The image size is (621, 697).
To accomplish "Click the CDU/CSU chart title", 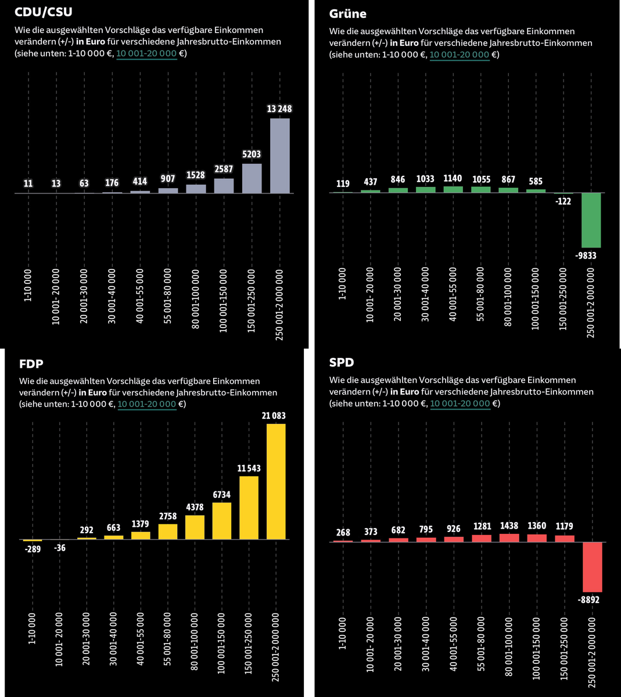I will point(44,12).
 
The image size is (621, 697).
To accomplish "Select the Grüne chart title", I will point(347,13).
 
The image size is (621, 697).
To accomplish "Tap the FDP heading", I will point(32,364).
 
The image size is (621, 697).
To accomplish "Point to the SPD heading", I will point(342,362).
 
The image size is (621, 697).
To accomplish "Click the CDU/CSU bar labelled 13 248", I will point(279,156).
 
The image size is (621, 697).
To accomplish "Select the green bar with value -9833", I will point(591,220).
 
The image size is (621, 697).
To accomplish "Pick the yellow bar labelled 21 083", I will point(276,482).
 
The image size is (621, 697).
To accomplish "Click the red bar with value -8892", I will point(592,567).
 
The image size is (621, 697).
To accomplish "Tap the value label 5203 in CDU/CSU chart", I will point(252,155).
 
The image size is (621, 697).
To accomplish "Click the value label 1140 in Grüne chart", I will point(453,179).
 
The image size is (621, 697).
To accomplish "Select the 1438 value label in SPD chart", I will point(509,526).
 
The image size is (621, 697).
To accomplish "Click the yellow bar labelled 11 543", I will point(249,508).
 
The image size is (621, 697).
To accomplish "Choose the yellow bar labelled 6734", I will point(222,521).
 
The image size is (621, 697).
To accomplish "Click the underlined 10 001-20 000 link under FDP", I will point(147,404).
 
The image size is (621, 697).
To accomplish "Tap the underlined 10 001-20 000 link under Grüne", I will point(459,55).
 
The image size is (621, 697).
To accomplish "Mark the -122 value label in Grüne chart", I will point(564,201).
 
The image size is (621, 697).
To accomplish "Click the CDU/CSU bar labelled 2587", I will point(224,185).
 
